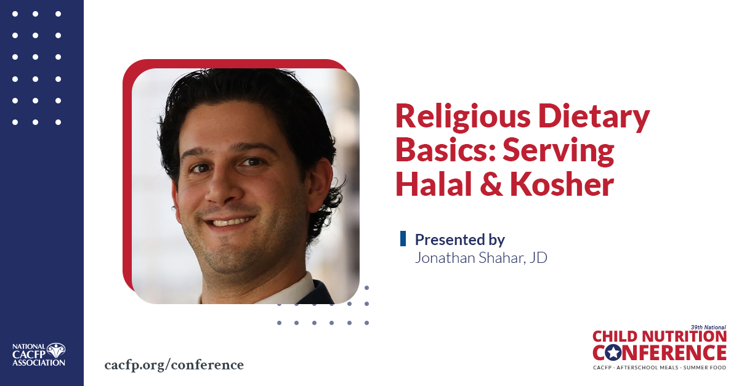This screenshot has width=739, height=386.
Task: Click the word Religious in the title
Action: click(463, 117)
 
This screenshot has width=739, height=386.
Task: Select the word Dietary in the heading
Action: click(594, 117)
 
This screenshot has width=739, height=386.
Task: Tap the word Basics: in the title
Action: click(445, 150)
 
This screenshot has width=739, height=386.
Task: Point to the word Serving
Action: click(558, 151)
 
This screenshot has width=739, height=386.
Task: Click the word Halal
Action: click(434, 183)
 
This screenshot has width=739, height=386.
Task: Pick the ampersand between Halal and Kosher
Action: click(491, 184)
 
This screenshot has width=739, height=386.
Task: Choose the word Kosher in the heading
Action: click(562, 183)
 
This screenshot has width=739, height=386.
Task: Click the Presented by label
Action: click(460, 239)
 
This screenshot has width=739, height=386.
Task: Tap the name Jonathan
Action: click(445, 258)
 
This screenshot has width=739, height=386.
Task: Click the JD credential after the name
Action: click(538, 258)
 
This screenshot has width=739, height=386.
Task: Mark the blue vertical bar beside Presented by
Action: click(403, 238)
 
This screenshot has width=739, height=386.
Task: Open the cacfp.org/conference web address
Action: click(174, 365)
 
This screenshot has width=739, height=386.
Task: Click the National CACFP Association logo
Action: click(39, 355)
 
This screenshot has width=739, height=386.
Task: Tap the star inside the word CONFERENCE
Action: click(613, 353)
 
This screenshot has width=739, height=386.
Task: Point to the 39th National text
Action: click(708, 328)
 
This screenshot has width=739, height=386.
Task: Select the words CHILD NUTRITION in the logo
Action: click(660, 337)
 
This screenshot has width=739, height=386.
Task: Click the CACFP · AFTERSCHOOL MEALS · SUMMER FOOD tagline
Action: click(660, 368)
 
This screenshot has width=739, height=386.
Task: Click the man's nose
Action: click(222, 187)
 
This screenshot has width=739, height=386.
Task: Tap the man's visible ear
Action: click(320, 185)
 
